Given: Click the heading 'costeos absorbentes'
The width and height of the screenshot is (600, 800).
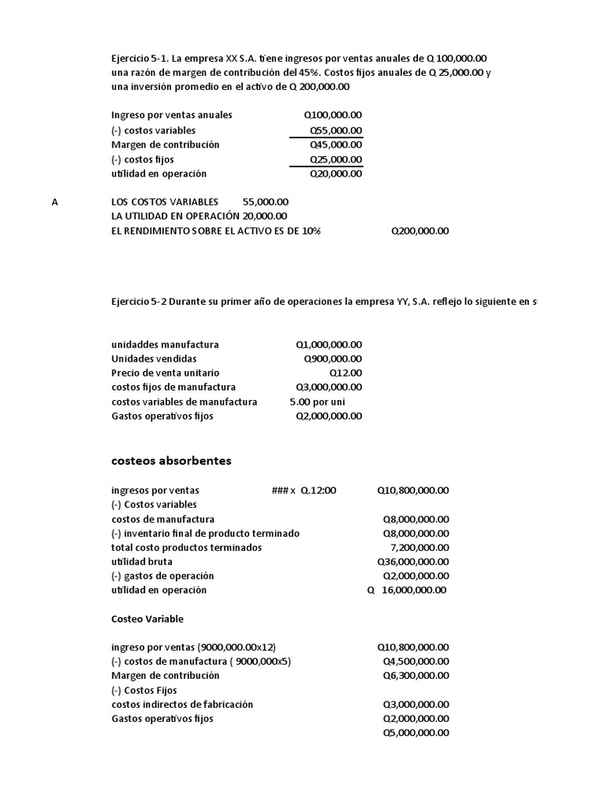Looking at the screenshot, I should click(x=171, y=461).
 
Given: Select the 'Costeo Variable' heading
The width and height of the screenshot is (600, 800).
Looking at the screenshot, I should click(x=148, y=619).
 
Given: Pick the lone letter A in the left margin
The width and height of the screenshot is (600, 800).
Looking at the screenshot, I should click(x=55, y=202).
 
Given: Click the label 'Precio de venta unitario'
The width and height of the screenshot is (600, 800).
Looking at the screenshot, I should click(x=166, y=373).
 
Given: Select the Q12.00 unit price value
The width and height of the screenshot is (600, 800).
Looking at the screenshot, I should click(x=345, y=373).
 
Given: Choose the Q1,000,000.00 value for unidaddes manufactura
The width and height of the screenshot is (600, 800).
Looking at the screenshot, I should click(x=328, y=345).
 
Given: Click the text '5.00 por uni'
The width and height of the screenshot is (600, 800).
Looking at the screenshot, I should click(x=317, y=402).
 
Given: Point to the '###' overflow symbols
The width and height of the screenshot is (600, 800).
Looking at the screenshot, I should click(x=277, y=491).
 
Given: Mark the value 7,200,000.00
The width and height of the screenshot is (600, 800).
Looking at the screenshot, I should click(x=418, y=548).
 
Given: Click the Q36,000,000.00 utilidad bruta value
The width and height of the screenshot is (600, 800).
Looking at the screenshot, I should click(x=412, y=562).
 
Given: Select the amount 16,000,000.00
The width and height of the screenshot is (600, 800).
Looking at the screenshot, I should click(x=414, y=591).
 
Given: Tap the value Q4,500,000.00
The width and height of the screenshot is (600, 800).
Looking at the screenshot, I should click(x=416, y=661).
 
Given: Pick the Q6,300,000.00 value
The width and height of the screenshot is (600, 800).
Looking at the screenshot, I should click(x=416, y=676).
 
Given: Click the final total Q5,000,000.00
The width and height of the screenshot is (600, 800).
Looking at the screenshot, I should click(x=416, y=733).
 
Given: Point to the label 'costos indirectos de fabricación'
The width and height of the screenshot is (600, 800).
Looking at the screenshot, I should click(x=182, y=705).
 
